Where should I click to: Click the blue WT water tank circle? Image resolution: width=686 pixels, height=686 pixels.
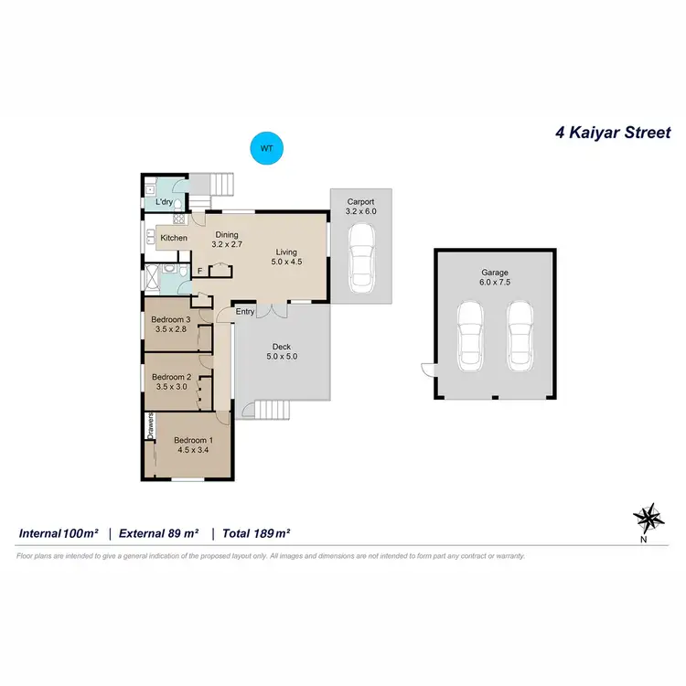tap(267, 148)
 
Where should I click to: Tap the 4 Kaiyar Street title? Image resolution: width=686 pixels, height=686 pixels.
tap(613, 133)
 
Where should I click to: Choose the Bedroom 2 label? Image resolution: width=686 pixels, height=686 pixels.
tap(170, 381)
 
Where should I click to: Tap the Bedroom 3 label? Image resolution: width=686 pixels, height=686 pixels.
tap(170, 324)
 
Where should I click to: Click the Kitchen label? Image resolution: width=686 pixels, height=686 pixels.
tap(174, 239)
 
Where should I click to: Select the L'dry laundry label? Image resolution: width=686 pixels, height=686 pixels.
tap(165, 201)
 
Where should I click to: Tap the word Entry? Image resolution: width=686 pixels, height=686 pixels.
tap(245, 312)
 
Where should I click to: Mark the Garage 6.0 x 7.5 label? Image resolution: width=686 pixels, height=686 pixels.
tap(495, 277)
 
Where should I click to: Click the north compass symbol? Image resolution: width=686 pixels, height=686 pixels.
tap(648, 519)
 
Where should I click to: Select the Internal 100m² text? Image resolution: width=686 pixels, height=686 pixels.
tap(59, 532)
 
